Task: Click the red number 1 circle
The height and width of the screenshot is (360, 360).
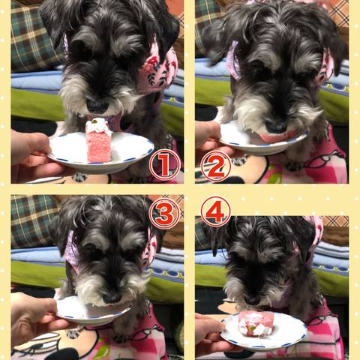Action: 165,165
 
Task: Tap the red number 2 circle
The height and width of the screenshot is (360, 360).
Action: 216,166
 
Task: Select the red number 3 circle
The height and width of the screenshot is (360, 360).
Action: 164,213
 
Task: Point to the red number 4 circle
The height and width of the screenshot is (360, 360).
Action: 216,211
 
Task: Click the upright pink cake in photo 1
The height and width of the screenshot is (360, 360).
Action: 98,141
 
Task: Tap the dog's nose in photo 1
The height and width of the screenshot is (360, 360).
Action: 97,106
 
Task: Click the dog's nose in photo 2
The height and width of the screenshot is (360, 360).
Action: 276,127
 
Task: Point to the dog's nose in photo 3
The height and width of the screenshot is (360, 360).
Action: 112,298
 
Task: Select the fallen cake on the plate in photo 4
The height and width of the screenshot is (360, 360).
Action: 256,324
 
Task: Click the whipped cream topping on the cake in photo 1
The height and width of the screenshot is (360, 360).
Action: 98,126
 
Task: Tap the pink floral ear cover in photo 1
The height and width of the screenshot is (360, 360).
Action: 158,68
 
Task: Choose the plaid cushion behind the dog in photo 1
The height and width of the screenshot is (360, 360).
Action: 35,37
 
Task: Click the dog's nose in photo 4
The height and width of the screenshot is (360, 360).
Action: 253,301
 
